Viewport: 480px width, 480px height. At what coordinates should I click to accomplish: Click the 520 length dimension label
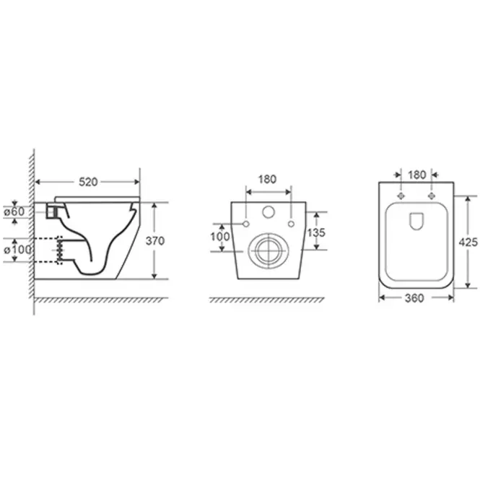pyautogui.click(x=88, y=182)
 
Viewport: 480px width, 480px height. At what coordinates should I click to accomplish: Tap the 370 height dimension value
pyautogui.click(x=155, y=241)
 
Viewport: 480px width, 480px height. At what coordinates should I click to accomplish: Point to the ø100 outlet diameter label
pyautogui.click(x=17, y=250)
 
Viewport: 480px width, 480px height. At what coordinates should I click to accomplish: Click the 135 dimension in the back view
pyautogui.click(x=316, y=232)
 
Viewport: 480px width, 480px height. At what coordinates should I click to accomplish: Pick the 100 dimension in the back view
pyautogui.click(x=220, y=236)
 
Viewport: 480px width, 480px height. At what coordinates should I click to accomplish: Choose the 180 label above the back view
pyautogui.click(x=267, y=179)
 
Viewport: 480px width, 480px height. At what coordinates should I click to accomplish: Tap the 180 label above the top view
pyautogui.click(x=417, y=175)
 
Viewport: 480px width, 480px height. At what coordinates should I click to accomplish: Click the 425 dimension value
pyautogui.click(x=468, y=242)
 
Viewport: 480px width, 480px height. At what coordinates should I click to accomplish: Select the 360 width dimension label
pyautogui.click(x=414, y=298)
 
